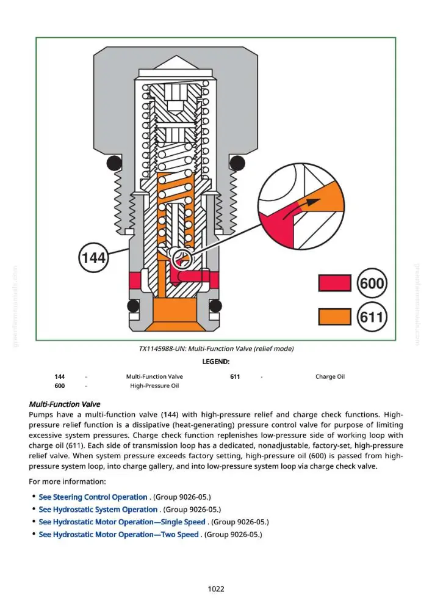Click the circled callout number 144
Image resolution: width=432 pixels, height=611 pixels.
[x=93, y=257]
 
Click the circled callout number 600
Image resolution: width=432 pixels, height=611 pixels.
[x=372, y=283]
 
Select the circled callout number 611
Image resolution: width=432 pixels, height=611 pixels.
[x=372, y=316]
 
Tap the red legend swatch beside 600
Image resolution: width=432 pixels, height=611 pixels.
[x=334, y=283]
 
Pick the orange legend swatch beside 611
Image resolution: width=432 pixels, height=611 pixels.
[x=334, y=316]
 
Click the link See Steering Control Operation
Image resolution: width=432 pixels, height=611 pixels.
[x=93, y=497]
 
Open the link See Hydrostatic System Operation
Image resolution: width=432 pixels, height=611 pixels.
[x=98, y=510]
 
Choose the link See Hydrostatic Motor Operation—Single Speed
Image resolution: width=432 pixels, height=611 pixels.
[x=122, y=522]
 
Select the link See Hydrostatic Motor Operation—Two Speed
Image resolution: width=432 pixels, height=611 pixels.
[x=119, y=534]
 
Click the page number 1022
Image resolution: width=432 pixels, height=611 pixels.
[x=216, y=589]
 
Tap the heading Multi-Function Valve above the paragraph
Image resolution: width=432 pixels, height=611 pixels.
[x=65, y=404]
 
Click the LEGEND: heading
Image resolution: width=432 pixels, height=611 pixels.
[x=216, y=362]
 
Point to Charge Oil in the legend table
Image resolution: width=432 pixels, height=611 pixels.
[x=330, y=376]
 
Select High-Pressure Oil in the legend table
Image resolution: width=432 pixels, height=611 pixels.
[x=154, y=386]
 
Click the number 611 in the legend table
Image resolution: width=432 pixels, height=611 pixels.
[x=235, y=376]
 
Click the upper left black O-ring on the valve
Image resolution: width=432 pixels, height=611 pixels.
[x=113, y=163]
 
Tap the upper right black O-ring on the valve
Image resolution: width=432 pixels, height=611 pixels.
[x=237, y=163]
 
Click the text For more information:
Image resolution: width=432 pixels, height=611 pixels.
[x=67, y=481]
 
